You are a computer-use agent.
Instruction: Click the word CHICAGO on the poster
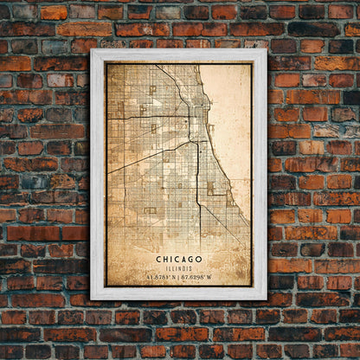point(180,258)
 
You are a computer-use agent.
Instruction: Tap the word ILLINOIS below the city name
point(180,267)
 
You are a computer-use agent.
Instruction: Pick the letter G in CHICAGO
point(191,258)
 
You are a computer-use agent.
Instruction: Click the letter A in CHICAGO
point(183,258)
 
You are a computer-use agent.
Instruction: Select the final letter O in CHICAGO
point(200,258)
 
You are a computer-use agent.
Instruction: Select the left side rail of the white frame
point(97,173)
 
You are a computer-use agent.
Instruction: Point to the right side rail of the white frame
point(260,173)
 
